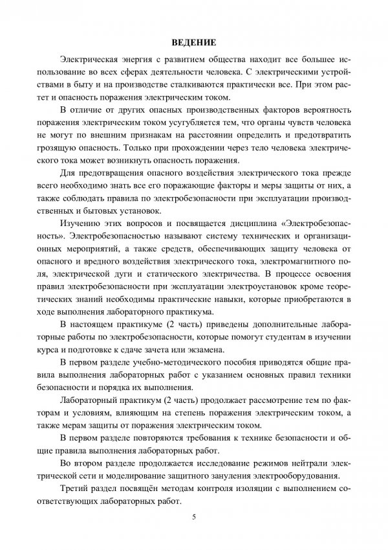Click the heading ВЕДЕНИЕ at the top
193,43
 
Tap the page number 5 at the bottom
193,516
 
